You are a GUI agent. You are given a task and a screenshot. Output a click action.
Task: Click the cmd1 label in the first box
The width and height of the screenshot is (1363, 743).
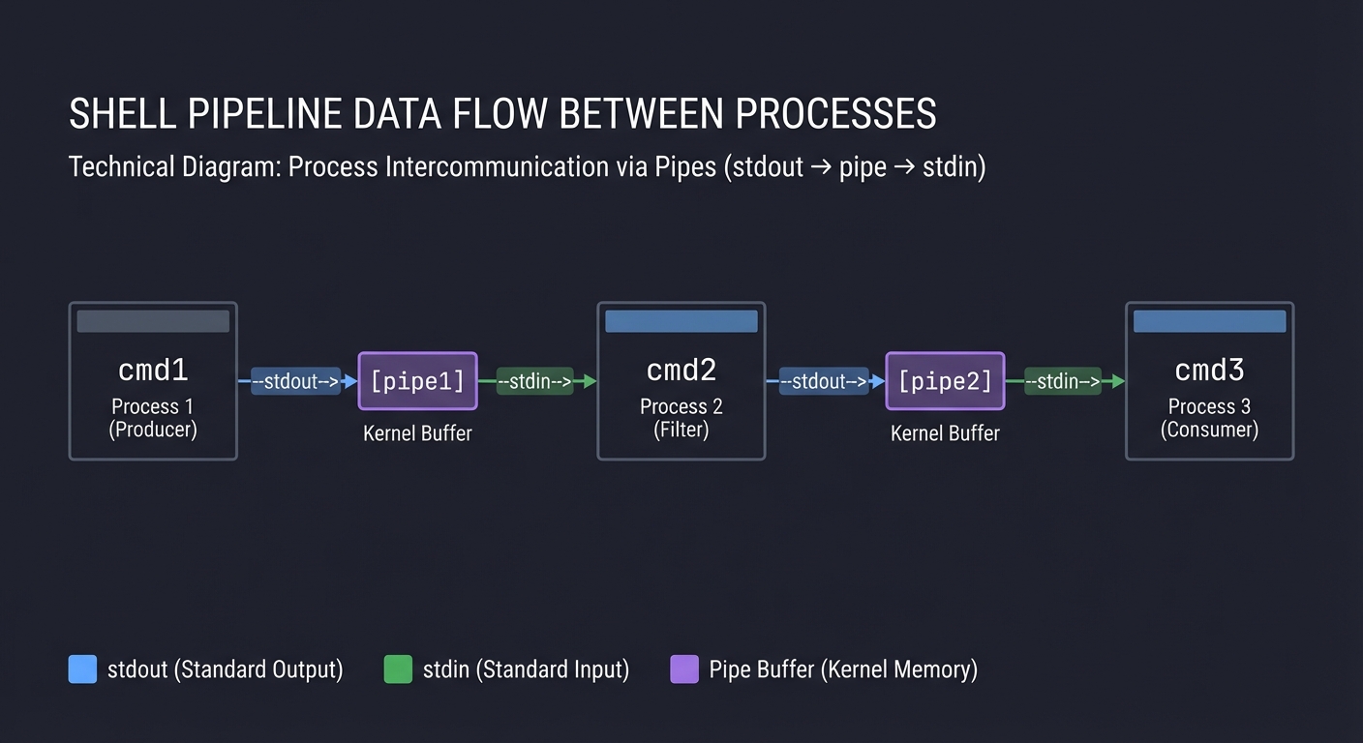[153, 370]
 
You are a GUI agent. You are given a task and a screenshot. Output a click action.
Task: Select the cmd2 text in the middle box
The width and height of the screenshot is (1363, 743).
[681, 370]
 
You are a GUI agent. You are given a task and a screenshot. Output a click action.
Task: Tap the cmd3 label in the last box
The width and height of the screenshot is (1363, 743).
[1209, 370]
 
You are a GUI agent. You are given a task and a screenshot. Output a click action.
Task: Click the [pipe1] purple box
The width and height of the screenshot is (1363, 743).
[417, 381]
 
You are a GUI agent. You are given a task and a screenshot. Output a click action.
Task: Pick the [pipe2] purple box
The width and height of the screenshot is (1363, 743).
[945, 381]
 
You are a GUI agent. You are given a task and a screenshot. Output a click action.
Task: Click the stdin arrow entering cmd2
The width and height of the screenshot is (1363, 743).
[535, 381]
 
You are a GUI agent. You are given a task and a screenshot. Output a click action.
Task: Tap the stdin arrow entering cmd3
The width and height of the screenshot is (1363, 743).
[1063, 381]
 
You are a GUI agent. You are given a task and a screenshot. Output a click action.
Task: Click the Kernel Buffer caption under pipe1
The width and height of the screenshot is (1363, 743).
[417, 433]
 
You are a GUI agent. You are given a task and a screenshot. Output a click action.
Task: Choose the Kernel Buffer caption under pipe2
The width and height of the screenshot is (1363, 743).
[945, 433]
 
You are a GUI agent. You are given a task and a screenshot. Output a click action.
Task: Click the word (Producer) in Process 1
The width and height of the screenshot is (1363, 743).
[153, 430]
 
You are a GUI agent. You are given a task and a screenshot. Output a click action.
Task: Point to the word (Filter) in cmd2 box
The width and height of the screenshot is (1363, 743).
[681, 430]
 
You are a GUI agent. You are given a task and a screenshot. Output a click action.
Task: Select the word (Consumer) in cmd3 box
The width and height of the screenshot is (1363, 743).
[1209, 430]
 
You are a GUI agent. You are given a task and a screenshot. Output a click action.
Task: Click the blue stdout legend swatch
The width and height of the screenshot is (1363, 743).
[82, 669]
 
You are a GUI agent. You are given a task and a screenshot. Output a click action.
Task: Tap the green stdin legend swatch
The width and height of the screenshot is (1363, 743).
[398, 669]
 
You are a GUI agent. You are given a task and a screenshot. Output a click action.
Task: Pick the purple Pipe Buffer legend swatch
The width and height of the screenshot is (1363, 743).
[683, 669]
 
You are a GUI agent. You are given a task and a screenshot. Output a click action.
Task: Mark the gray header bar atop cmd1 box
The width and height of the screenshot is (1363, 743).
[153, 321]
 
